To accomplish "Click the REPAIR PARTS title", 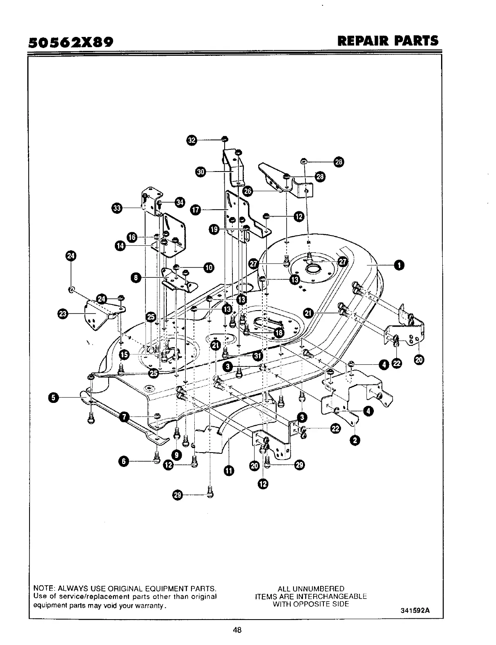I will [387, 41].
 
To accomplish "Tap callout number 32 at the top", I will [191, 140].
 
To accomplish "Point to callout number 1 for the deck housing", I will [398, 265].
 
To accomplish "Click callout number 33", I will [117, 208].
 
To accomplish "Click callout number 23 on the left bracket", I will [63, 314].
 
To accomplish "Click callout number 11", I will [228, 470].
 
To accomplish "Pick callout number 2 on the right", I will [355, 440].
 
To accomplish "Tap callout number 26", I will [248, 191].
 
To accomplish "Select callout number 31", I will [257, 355].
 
